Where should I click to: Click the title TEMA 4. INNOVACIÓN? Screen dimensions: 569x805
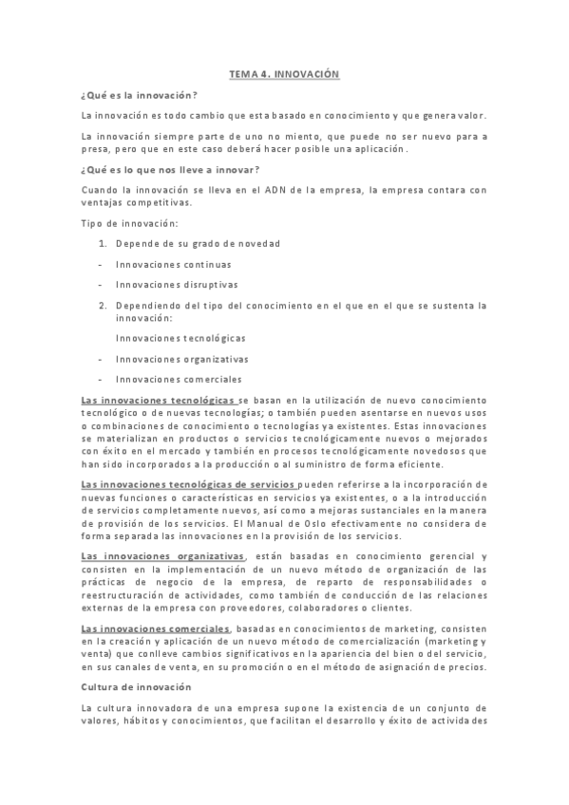(x=284, y=74)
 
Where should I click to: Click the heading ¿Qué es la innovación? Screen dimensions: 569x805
(x=140, y=95)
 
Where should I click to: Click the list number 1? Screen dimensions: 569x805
(x=102, y=244)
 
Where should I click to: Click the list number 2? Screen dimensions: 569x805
(x=102, y=306)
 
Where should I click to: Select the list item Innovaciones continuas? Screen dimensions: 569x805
(x=173, y=265)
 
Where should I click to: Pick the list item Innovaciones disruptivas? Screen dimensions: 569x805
(x=177, y=285)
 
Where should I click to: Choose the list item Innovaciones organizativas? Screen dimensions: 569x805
(x=181, y=359)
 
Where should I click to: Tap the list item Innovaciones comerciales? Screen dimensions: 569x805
(x=179, y=380)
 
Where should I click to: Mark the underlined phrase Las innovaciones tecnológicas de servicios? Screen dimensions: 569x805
(x=190, y=486)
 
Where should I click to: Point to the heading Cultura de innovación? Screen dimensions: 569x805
(x=137, y=686)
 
